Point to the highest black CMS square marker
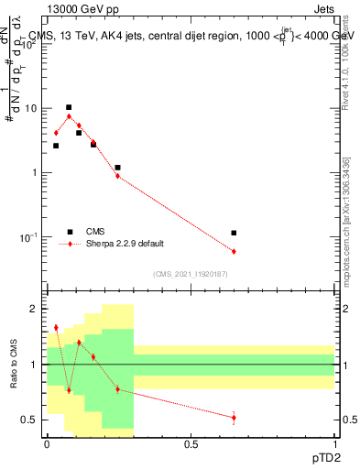tap(69, 107)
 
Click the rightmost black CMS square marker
tap(235, 233)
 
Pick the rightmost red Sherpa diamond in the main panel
tap(235, 251)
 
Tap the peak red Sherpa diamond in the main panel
tap(69, 116)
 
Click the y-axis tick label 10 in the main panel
tap(29, 108)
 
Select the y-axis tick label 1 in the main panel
tap(33, 173)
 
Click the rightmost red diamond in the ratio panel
tap(235, 418)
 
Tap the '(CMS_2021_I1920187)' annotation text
tap(191, 272)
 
